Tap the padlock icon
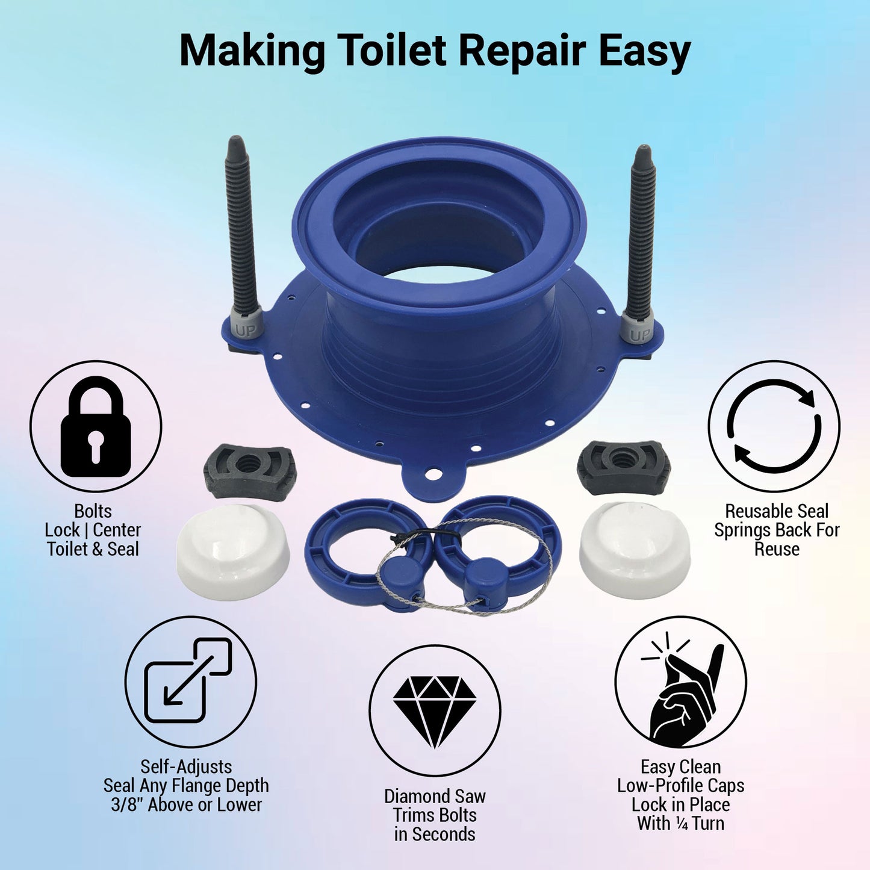(x=96, y=426)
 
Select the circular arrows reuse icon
(x=774, y=427)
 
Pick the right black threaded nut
(x=624, y=467)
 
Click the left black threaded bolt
(x=243, y=226)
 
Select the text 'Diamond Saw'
(x=435, y=796)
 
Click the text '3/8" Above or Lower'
(x=187, y=804)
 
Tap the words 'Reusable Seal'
(x=777, y=511)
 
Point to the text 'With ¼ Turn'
(x=681, y=823)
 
